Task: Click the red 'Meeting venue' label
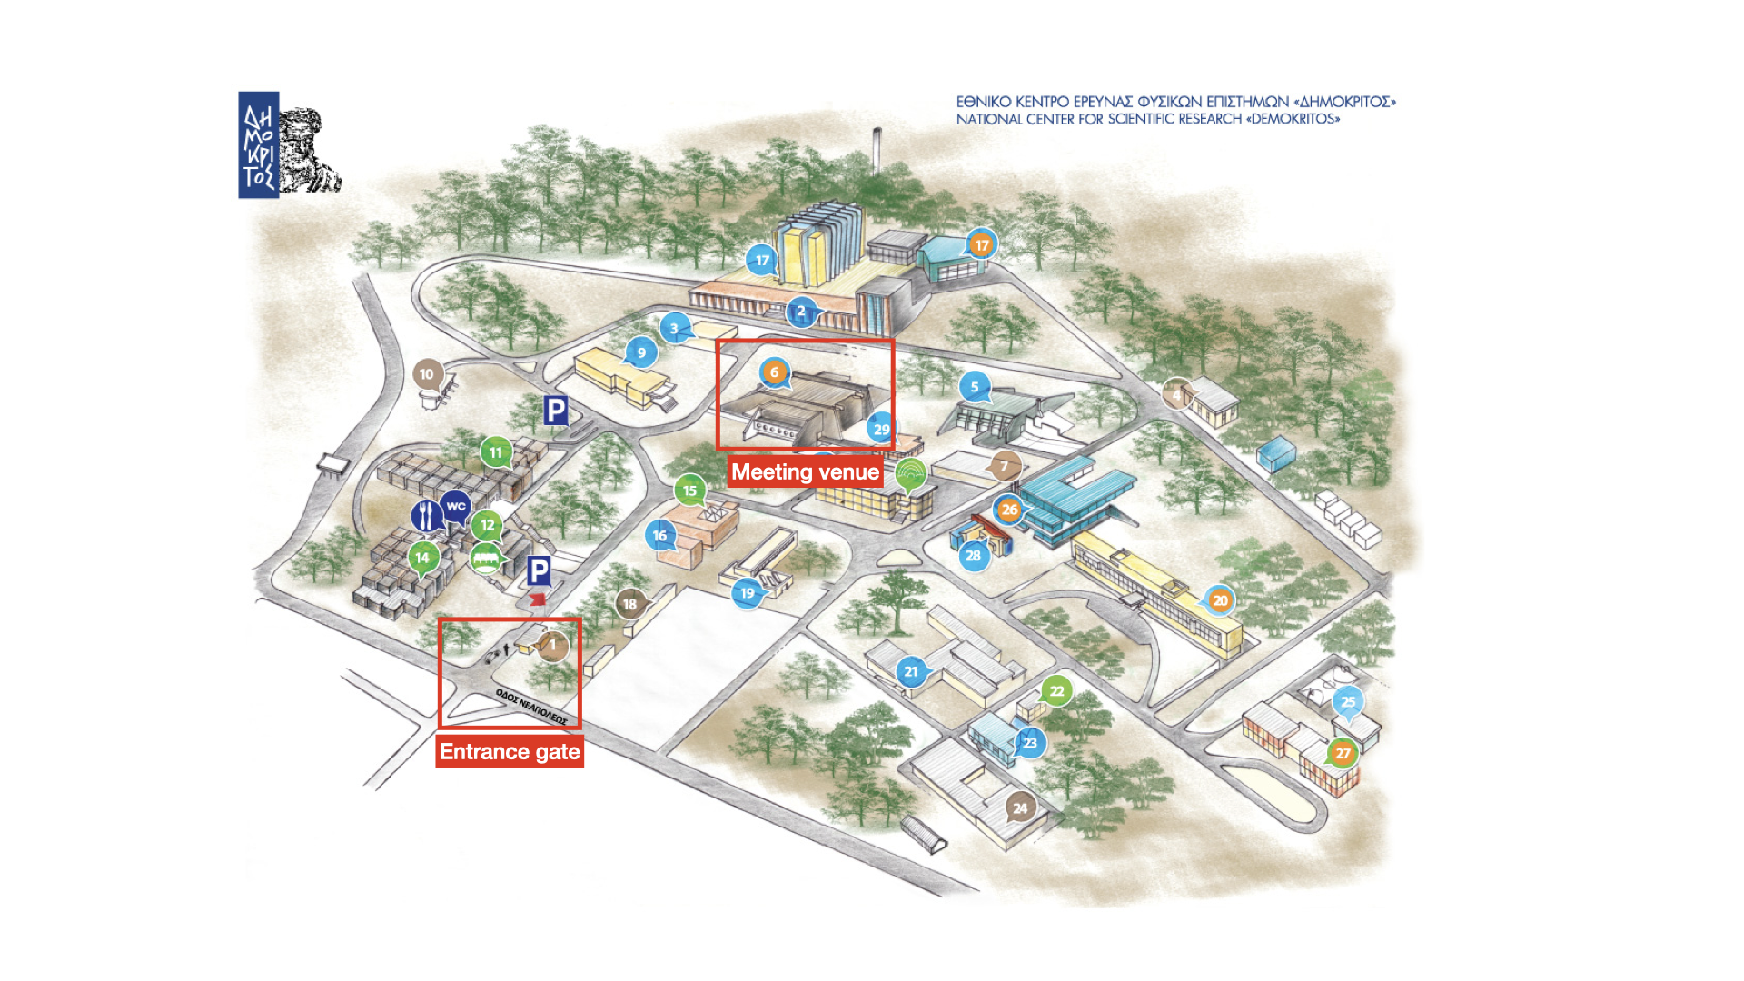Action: [805, 472]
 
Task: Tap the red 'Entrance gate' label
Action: [510, 752]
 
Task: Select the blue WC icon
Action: [456, 507]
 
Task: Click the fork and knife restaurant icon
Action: [425, 516]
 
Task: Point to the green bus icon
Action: [486, 558]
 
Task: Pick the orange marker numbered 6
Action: [774, 372]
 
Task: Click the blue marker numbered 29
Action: [881, 429]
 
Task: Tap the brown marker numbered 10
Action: [427, 373]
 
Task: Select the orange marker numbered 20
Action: [1220, 600]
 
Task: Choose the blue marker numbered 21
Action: [911, 671]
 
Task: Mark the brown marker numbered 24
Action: [1020, 808]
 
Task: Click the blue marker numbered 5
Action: [975, 387]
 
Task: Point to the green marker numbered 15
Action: [689, 490]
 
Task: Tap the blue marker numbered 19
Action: [747, 593]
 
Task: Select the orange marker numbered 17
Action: [981, 245]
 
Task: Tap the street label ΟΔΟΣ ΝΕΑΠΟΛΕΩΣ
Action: [531, 707]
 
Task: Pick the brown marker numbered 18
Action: [629, 603]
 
